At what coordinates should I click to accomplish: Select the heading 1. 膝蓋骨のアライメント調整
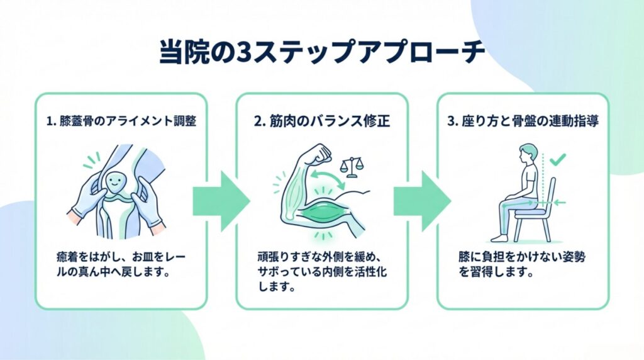(x=121, y=121)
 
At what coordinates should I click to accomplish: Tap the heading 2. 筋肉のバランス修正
(x=322, y=121)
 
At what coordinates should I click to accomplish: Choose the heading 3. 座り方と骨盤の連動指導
(x=523, y=121)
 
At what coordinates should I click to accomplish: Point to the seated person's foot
(x=499, y=238)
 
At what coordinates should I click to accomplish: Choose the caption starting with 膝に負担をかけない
(x=517, y=265)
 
